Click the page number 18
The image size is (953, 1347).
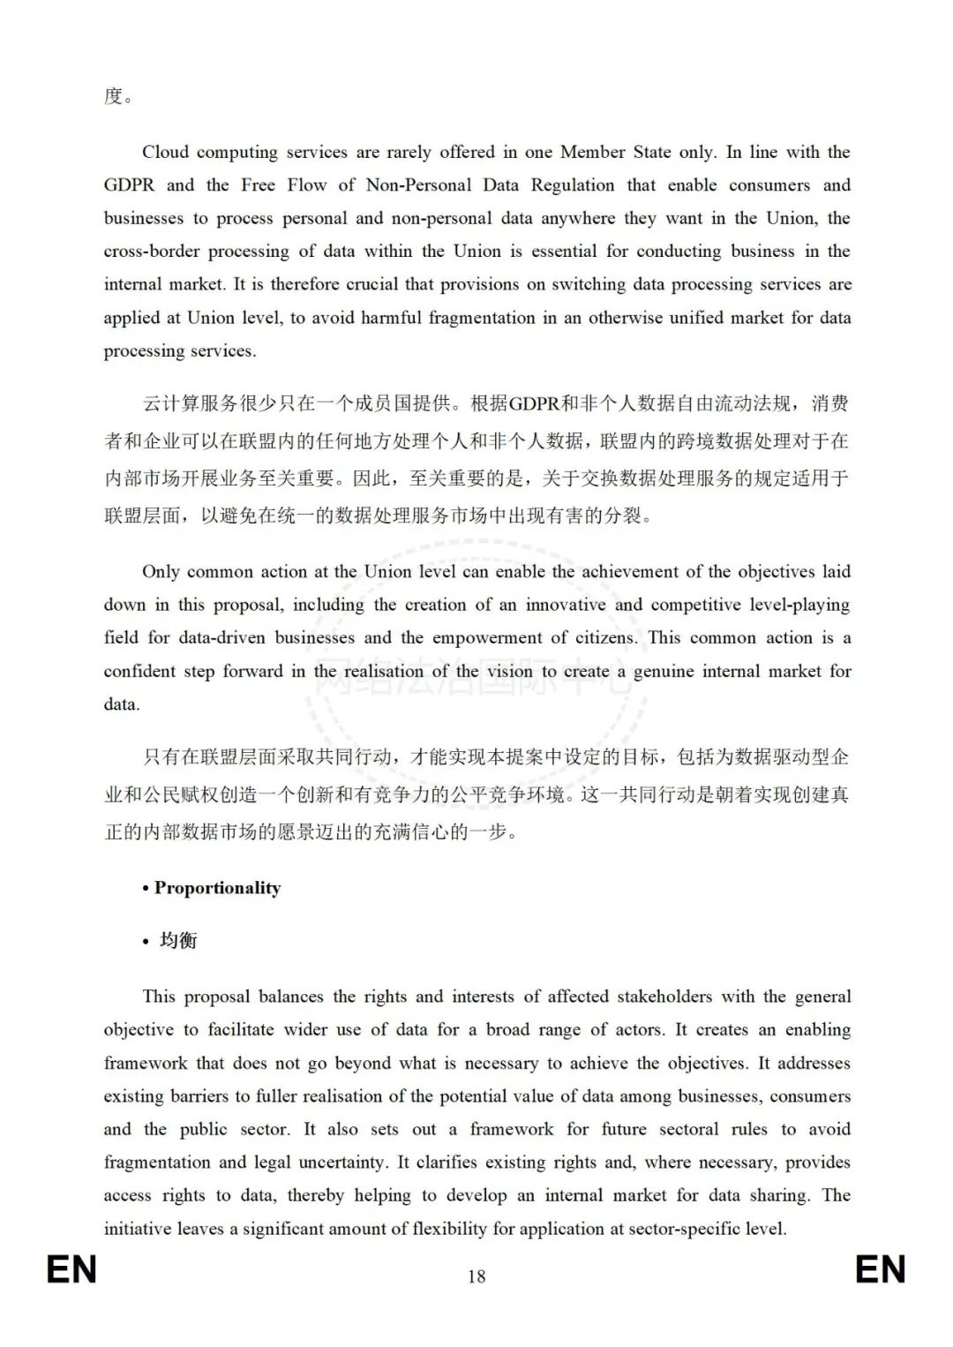476,1276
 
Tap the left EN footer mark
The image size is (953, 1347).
71,1270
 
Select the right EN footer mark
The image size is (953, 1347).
881,1270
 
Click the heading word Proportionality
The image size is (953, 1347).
217,888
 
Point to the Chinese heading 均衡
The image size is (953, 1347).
178,941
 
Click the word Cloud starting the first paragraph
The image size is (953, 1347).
166,152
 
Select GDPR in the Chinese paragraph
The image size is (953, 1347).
535,404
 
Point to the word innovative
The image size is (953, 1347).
566,605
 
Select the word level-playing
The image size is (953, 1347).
799,605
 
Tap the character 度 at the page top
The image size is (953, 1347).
113,96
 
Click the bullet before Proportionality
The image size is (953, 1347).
146,889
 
